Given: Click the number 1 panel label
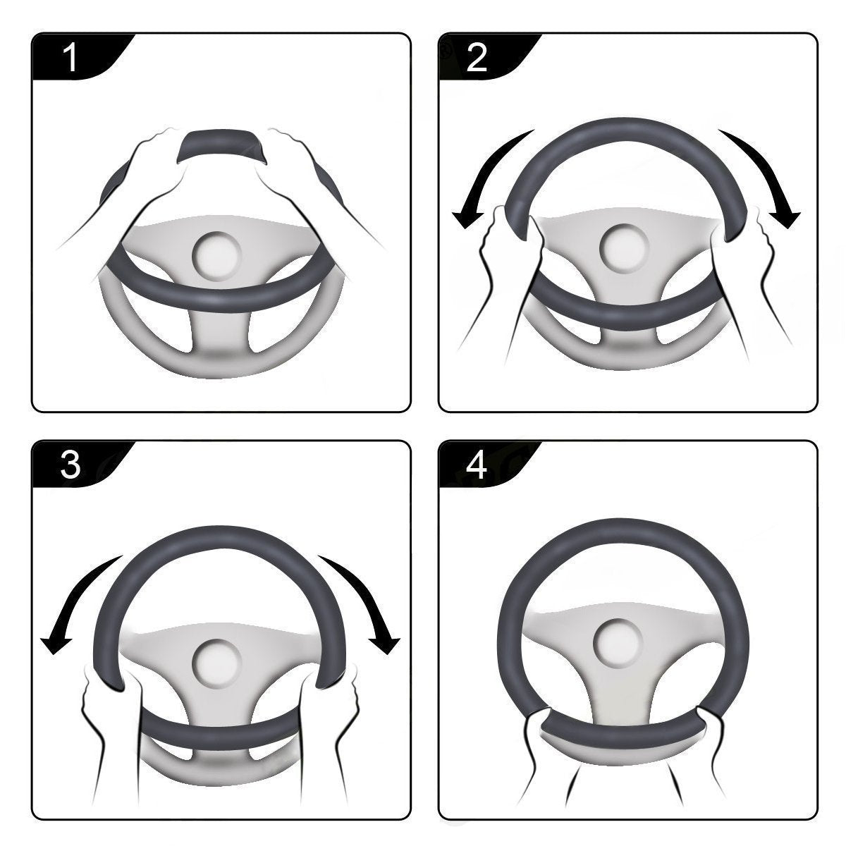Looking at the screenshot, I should [70, 58].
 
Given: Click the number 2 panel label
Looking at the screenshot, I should [477, 58].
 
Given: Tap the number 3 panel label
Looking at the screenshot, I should [70, 465].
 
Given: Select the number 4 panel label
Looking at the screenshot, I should [477, 465].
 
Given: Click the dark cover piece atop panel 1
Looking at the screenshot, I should [222, 145].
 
